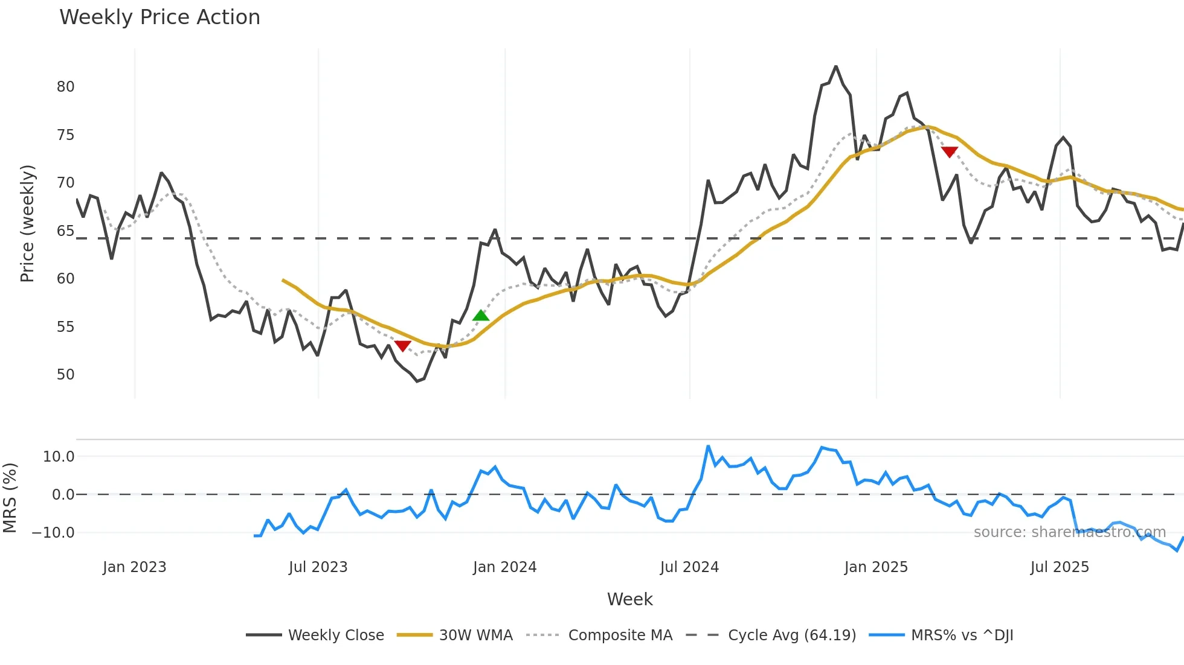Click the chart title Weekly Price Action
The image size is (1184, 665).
[159, 17]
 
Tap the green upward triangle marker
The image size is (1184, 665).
[481, 315]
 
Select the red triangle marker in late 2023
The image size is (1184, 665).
[402, 346]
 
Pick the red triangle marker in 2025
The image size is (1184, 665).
[949, 152]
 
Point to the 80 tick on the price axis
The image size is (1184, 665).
[65, 87]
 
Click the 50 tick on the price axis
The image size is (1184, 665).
[65, 375]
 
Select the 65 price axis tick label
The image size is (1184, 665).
[65, 231]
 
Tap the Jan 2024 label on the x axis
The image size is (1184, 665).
[504, 567]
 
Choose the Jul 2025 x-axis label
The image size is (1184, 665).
[1060, 567]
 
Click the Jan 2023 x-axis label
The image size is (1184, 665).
[134, 567]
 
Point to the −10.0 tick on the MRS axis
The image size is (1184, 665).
[53, 533]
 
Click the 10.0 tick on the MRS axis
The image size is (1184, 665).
[59, 457]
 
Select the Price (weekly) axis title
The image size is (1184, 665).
[27, 223]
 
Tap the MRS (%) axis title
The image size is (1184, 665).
[10, 498]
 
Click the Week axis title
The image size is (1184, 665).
[629, 599]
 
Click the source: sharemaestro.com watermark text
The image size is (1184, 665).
[1069, 532]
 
